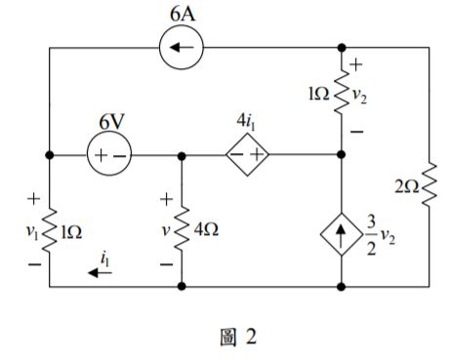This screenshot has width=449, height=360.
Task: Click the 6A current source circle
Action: (183, 47)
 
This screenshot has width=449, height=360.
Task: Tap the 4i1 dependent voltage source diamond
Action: (246, 155)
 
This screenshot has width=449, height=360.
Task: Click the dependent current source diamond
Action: (342, 235)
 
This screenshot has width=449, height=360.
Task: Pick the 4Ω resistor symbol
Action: (184, 232)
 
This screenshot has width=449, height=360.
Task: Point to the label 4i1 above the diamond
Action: (247, 124)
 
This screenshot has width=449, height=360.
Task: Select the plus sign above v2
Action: (356, 65)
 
